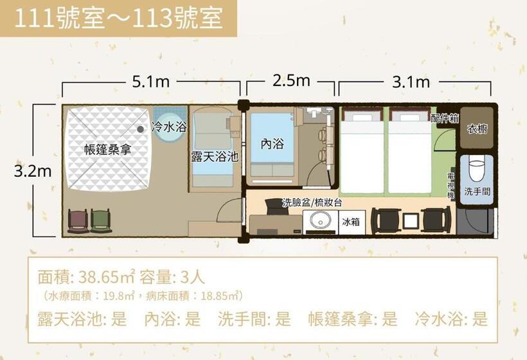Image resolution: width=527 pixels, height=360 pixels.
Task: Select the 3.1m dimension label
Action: [x=411, y=82]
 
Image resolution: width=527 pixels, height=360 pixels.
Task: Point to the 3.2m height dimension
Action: [x=33, y=171]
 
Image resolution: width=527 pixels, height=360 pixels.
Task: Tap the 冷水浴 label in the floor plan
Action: [x=169, y=127]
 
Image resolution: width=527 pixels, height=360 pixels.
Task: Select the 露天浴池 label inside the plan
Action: [x=215, y=156]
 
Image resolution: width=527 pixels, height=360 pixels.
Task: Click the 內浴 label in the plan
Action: [x=272, y=143]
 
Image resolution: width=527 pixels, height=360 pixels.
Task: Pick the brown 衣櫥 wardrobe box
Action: [x=476, y=129]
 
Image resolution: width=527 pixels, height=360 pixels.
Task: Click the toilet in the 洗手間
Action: [x=476, y=170]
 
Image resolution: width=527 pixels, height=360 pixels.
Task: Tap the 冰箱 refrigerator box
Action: [x=351, y=222]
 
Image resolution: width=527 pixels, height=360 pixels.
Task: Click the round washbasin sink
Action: [x=319, y=221]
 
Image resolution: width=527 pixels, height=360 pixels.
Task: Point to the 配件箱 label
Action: [x=444, y=118]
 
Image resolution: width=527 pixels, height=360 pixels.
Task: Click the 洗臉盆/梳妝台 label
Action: [x=312, y=203]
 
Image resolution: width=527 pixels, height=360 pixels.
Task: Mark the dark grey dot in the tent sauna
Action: [x=140, y=129]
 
